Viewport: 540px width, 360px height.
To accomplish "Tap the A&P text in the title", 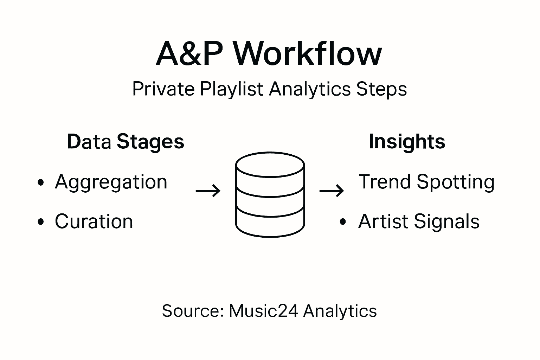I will [189, 54].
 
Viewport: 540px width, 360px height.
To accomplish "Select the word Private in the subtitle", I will [163, 89].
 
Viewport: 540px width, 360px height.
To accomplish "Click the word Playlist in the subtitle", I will [231, 89].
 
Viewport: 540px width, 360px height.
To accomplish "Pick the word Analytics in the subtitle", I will [310, 89].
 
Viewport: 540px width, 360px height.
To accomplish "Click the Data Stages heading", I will [126, 142].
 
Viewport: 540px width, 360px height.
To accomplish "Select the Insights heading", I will [407, 142].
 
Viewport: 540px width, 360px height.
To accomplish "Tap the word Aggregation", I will [111, 182].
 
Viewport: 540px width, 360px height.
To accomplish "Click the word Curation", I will [94, 221].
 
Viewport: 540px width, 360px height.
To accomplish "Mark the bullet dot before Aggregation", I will [41, 182].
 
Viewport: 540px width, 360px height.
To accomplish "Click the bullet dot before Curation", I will [41, 222].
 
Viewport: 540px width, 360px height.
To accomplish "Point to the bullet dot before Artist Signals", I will [343, 222].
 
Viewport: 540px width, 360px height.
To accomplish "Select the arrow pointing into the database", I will [208, 191].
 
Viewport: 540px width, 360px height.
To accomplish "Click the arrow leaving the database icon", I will [332, 191].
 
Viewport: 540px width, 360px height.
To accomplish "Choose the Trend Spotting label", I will [426, 182].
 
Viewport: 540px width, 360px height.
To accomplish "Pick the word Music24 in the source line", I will [264, 311].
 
